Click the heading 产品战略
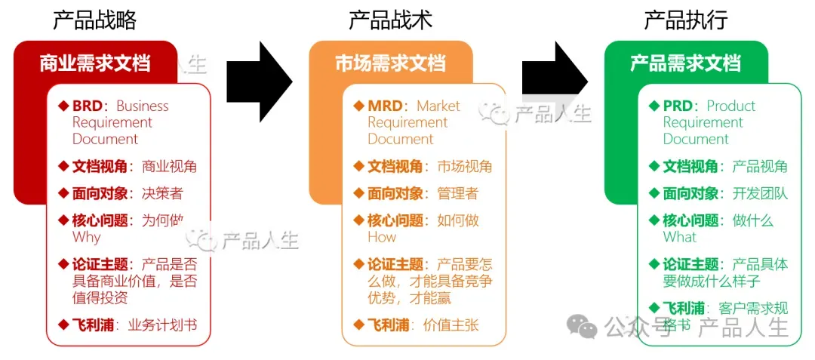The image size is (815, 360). [94, 20]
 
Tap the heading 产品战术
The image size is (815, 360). [390, 20]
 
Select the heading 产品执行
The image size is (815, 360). [685, 20]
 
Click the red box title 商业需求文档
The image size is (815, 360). [95, 63]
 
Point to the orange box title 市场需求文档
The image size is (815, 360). [390, 63]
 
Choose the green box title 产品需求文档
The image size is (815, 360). [685, 63]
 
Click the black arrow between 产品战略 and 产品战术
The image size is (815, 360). [259, 82]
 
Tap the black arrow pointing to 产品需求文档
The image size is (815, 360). [554, 82]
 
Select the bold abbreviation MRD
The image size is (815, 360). [384, 106]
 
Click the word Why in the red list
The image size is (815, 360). [86, 237]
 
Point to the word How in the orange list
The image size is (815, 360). [382, 237]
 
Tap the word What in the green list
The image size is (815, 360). [680, 237]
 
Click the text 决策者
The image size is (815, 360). [162, 194]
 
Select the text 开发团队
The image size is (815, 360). [760, 194]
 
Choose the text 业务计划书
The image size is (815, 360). [162, 325]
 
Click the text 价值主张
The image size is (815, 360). [451, 325]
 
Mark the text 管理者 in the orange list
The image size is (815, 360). [457, 194]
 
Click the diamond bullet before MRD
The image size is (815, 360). [358, 106]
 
